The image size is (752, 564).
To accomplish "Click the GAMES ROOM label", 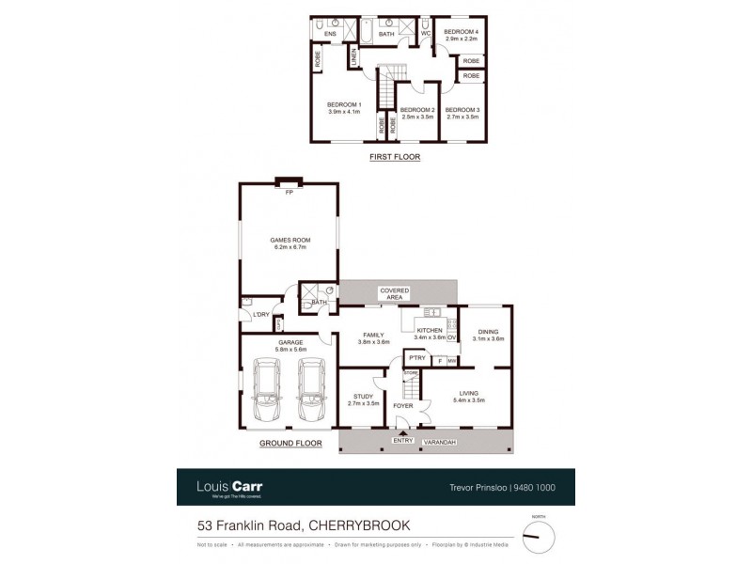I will click(291, 240).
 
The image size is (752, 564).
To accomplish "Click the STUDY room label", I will click(364, 396).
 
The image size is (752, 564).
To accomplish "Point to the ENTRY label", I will click(403, 440).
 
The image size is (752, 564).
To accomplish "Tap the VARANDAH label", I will click(441, 440).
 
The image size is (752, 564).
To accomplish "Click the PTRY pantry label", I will click(416, 358).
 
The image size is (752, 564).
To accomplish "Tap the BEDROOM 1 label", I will click(344, 104).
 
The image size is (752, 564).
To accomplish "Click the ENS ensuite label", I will click(330, 35).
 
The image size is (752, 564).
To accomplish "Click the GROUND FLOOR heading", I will click(291, 442).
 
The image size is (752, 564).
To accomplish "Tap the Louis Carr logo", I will click(228, 487).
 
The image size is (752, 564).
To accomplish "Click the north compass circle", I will click(537, 537).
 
